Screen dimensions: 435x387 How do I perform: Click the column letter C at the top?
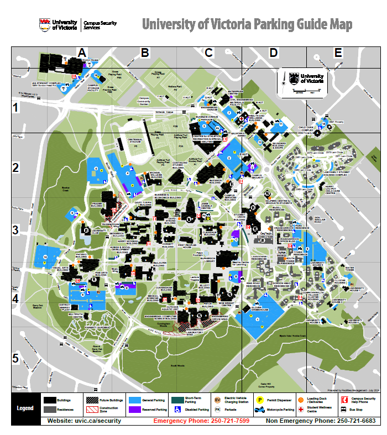[209, 53]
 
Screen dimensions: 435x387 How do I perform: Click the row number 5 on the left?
[16, 358]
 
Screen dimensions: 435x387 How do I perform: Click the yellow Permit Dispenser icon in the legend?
[259, 399]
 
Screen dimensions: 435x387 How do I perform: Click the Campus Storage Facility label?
[96, 87]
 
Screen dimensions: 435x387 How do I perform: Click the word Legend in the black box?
[25, 408]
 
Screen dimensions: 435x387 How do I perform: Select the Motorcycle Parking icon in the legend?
[259, 410]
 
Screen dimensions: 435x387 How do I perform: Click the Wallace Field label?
[175, 87]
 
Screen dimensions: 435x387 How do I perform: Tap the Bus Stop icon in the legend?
[344, 410]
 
